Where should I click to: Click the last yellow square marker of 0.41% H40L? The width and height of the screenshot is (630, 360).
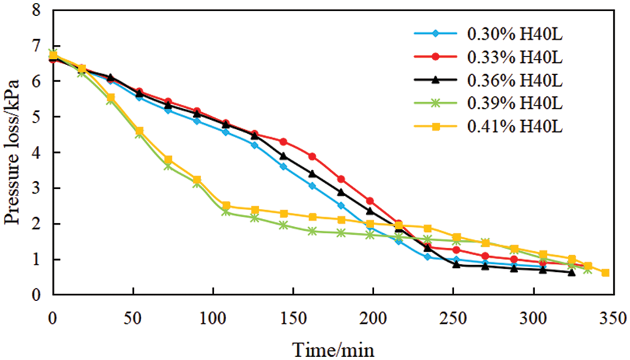click(605, 272)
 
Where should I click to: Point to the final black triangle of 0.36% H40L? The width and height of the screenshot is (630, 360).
click(572, 272)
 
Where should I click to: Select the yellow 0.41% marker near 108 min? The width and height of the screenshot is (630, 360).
click(226, 206)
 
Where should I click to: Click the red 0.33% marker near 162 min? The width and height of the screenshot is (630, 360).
click(312, 156)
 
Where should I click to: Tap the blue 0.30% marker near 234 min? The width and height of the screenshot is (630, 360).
click(428, 257)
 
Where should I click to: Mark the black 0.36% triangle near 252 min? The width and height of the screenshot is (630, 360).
click(456, 265)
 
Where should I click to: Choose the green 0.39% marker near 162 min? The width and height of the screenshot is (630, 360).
click(312, 231)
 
